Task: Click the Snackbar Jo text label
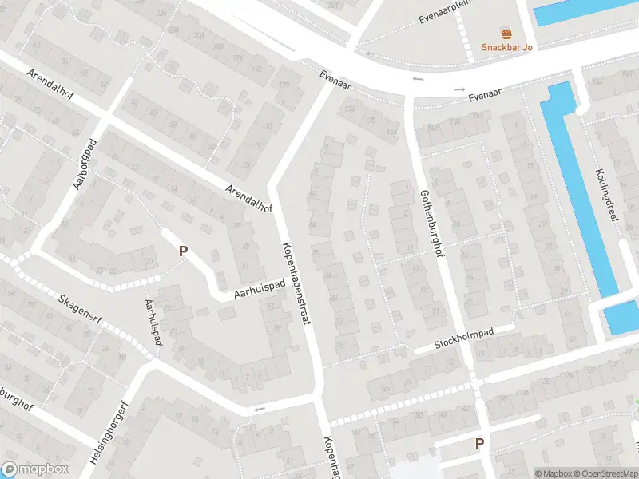point(506,46)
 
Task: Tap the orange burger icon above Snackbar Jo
point(506,34)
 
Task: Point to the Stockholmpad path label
point(464,339)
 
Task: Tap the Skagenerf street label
point(81,311)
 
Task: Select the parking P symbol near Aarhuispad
point(183,251)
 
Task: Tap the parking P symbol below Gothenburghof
point(479,443)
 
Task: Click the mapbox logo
point(34,469)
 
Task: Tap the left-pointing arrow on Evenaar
point(417,80)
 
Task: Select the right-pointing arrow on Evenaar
point(459,89)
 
